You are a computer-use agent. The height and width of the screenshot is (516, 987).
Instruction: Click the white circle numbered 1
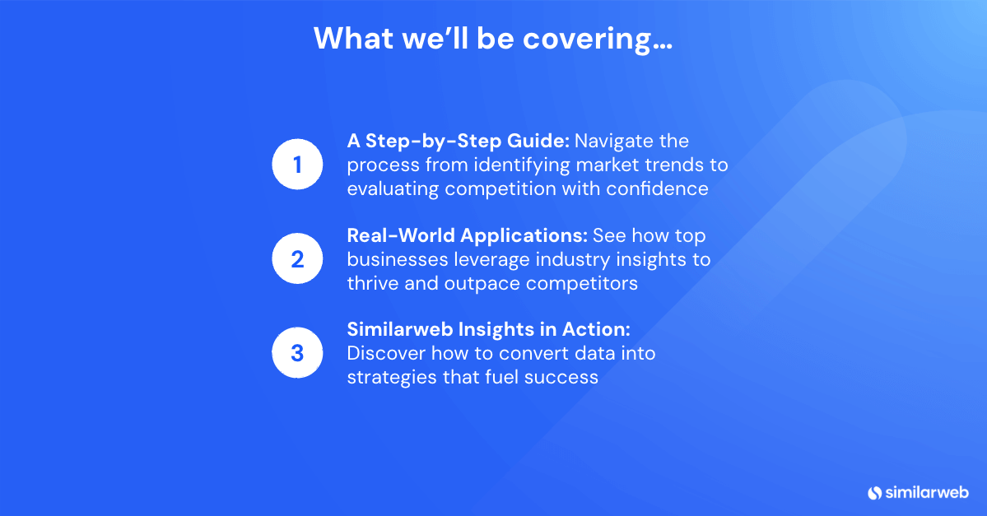tap(297, 165)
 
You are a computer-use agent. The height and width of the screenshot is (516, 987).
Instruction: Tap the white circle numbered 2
tap(297, 258)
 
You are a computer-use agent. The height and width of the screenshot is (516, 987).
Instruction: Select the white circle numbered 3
tap(297, 352)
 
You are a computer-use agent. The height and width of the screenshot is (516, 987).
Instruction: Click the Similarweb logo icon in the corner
tap(874, 493)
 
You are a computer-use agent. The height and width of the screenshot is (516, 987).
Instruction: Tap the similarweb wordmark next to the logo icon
tap(927, 492)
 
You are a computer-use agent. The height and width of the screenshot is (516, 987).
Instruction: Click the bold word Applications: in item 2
tap(524, 236)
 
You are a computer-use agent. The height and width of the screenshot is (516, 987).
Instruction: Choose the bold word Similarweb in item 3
tap(400, 329)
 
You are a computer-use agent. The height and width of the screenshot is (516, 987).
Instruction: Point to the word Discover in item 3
tap(387, 353)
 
